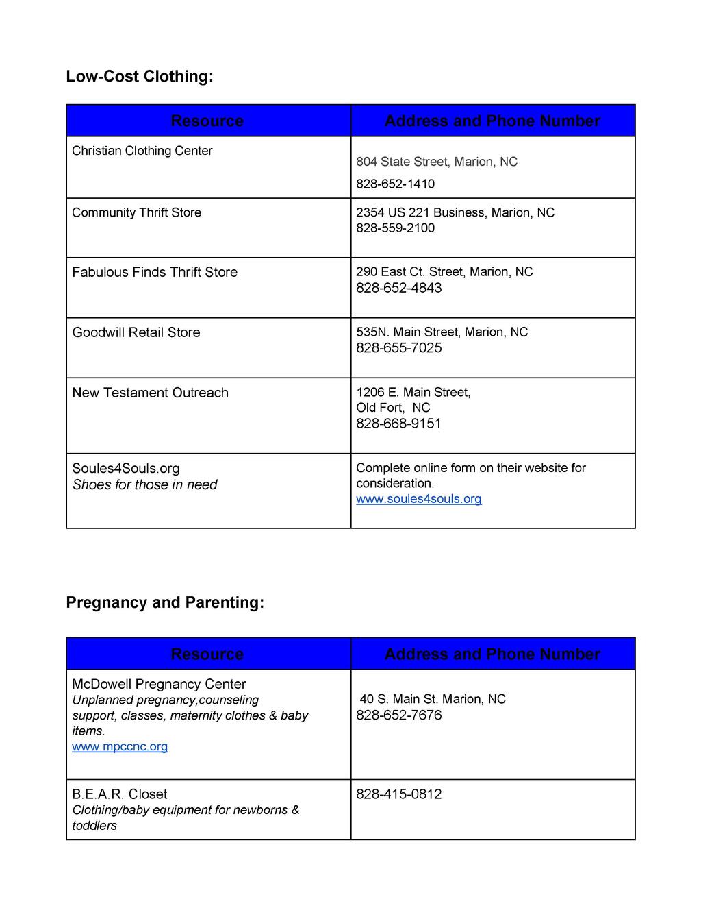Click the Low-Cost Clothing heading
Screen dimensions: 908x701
point(140,76)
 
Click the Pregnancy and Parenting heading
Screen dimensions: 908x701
point(164,602)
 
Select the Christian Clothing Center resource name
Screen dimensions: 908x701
point(142,151)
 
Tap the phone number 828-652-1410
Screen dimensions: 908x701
point(395,184)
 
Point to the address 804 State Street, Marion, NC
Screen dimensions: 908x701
point(436,162)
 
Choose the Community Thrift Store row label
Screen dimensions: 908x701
point(137,212)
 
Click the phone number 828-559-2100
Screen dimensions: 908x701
point(395,228)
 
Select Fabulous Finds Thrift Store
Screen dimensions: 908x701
point(155,272)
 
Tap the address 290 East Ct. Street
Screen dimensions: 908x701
point(444,272)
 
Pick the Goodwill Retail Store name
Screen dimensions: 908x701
point(136,332)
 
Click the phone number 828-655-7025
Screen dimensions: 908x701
point(398,348)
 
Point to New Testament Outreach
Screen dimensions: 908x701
point(150,393)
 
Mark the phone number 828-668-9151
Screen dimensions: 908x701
point(398,424)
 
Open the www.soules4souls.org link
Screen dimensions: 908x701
point(418,499)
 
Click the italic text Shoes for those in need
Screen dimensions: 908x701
point(144,484)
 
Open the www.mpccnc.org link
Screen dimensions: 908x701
point(120,746)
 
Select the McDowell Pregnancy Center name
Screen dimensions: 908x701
point(159,684)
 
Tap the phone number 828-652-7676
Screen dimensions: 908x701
point(398,715)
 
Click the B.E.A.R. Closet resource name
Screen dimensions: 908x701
point(120,794)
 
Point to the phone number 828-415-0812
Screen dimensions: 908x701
point(398,794)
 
